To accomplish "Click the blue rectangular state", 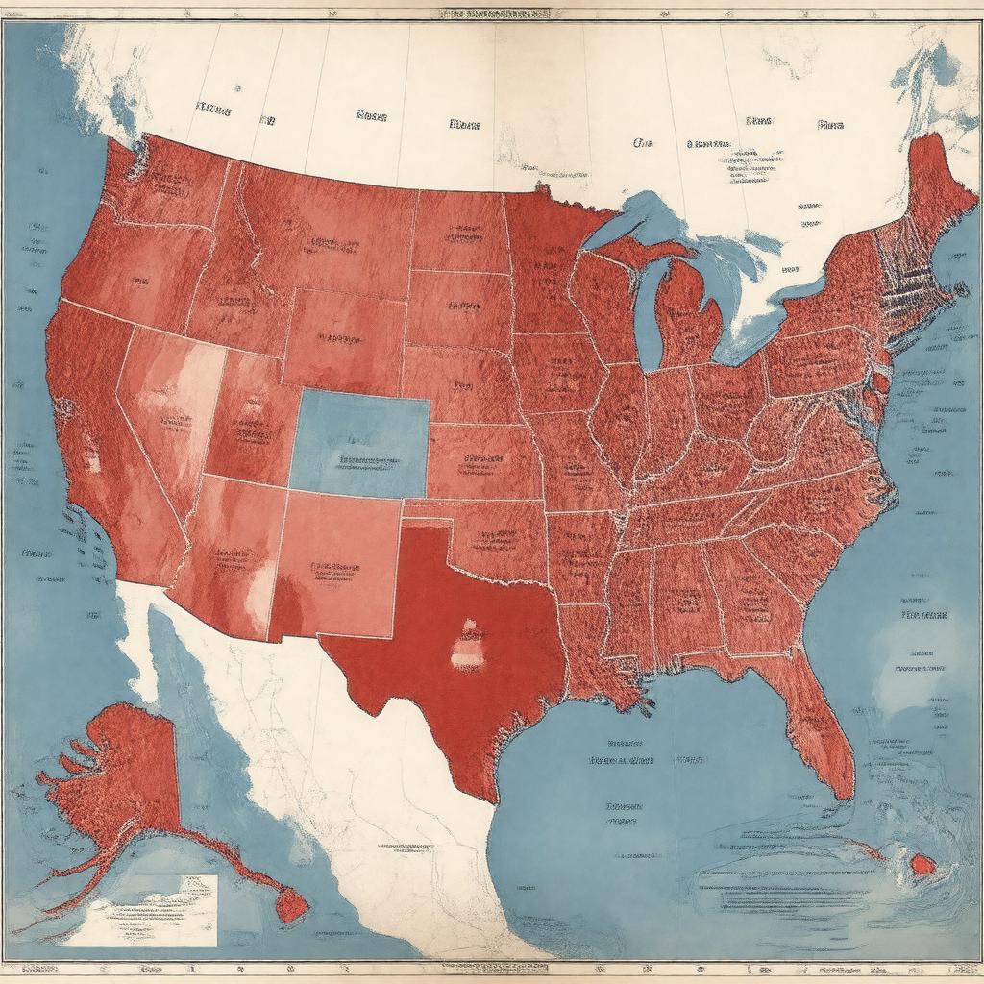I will coord(360,443).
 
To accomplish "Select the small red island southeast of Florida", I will coord(922,864).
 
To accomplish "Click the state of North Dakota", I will coord(459,231).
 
